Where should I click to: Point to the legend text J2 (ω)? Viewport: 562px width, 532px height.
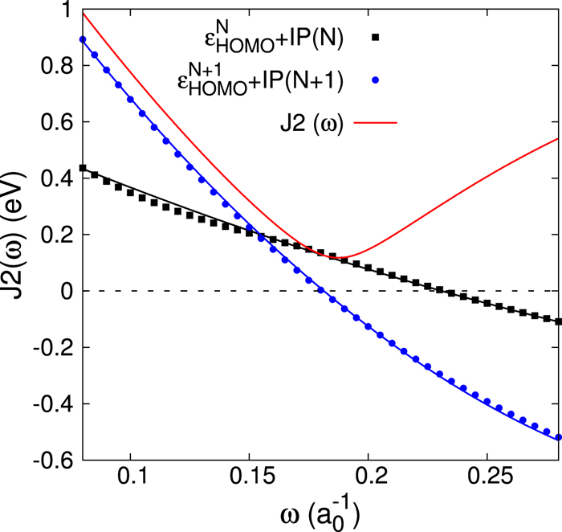tap(307, 123)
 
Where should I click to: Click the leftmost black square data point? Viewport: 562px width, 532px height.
tap(83, 168)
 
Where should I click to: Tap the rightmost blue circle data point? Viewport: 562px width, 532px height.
tap(558, 437)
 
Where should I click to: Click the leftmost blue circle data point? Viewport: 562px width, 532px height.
tap(83, 39)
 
